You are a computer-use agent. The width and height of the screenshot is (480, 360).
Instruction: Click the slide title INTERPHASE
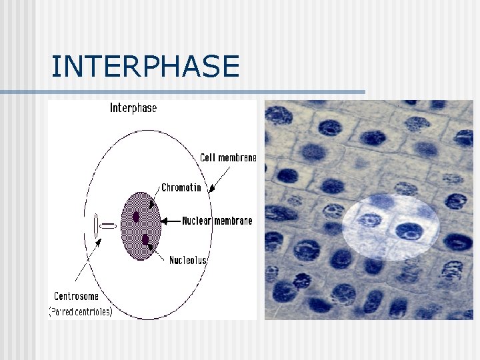(145, 67)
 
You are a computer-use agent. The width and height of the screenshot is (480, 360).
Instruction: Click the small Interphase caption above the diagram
(133, 108)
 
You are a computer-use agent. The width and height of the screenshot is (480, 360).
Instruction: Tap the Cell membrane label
(228, 158)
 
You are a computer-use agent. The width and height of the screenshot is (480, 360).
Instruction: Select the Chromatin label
(181, 188)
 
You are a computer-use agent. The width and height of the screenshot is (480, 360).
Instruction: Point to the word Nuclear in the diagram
(197, 221)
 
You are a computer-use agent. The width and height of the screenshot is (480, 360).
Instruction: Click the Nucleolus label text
(187, 260)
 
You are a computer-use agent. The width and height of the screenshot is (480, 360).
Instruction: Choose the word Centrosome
(76, 296)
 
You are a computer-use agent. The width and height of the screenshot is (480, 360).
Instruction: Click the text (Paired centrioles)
(81, 311)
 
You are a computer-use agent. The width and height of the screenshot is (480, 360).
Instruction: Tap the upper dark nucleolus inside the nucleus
(136, 217)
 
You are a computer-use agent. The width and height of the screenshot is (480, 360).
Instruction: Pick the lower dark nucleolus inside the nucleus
(145, 239)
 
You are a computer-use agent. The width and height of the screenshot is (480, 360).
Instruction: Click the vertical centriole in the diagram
(96, 227)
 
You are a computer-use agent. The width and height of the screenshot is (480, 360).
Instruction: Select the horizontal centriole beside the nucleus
(108, 227)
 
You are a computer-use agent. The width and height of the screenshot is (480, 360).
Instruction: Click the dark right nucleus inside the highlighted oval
(409, 230)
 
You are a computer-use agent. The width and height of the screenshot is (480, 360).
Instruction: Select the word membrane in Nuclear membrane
(233, 221)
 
